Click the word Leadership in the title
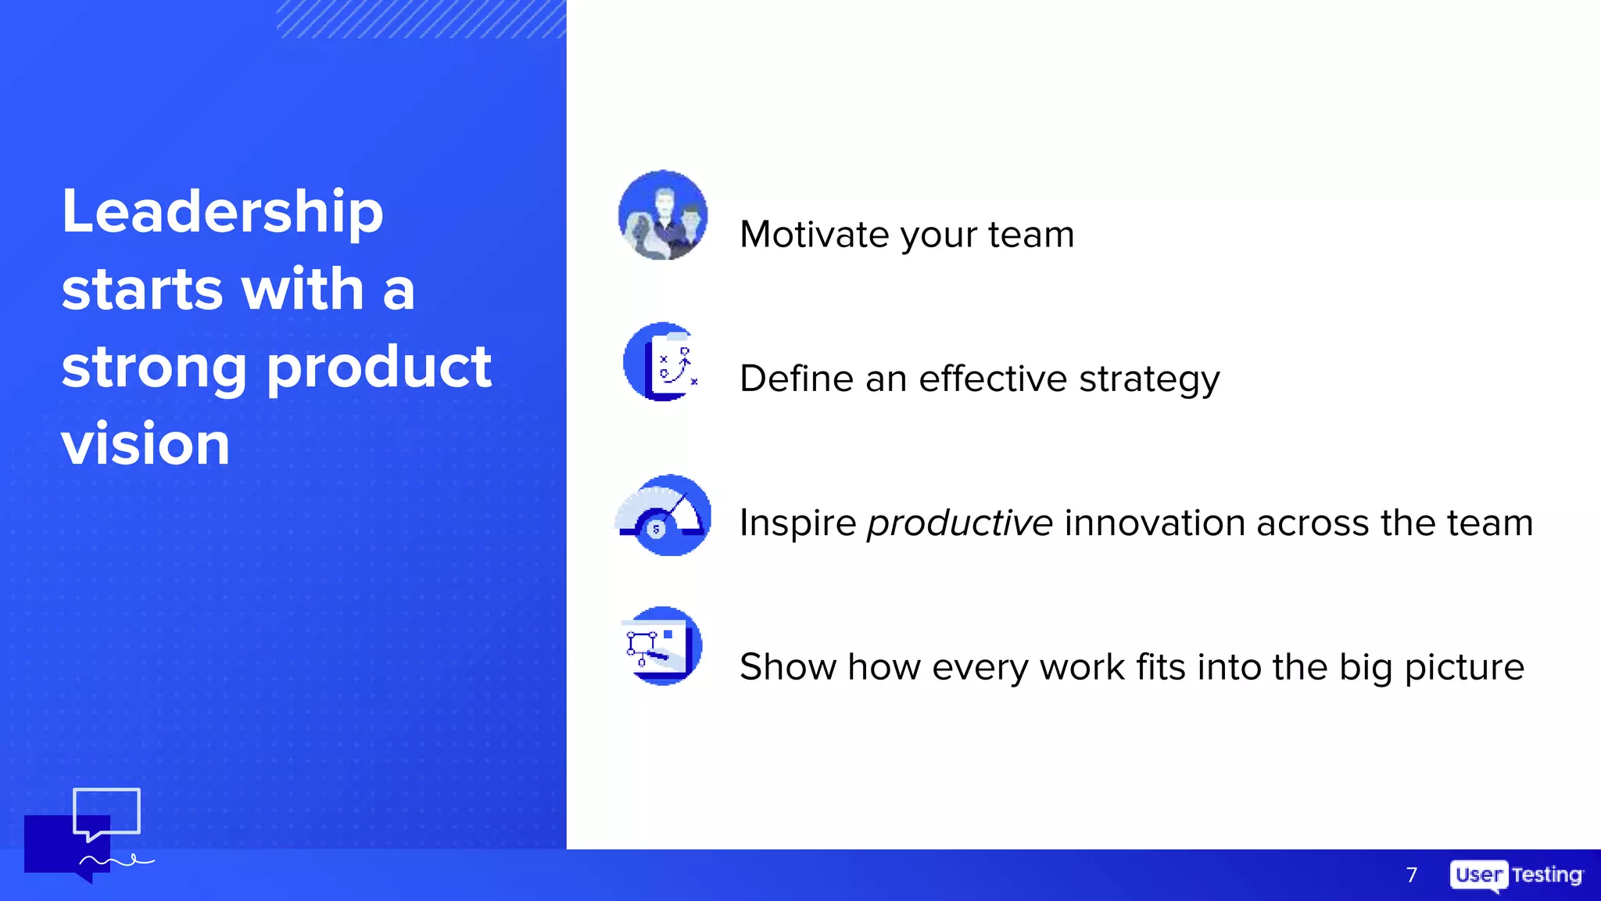click(222, 213)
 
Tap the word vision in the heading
click(145, 444)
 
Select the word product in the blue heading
click(379, 368)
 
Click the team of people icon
click(663, 215)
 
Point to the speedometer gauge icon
click(663, 515)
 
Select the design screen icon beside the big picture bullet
click(661, 646)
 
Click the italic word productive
click(959, 523)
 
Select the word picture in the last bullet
click(1463, 668)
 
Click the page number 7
click(1411, 874)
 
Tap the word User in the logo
click(1478, 874)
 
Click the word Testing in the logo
click(1546, 874)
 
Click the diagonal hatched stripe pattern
click(421, 19)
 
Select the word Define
click(796, 379)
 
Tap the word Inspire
click(797, 523)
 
